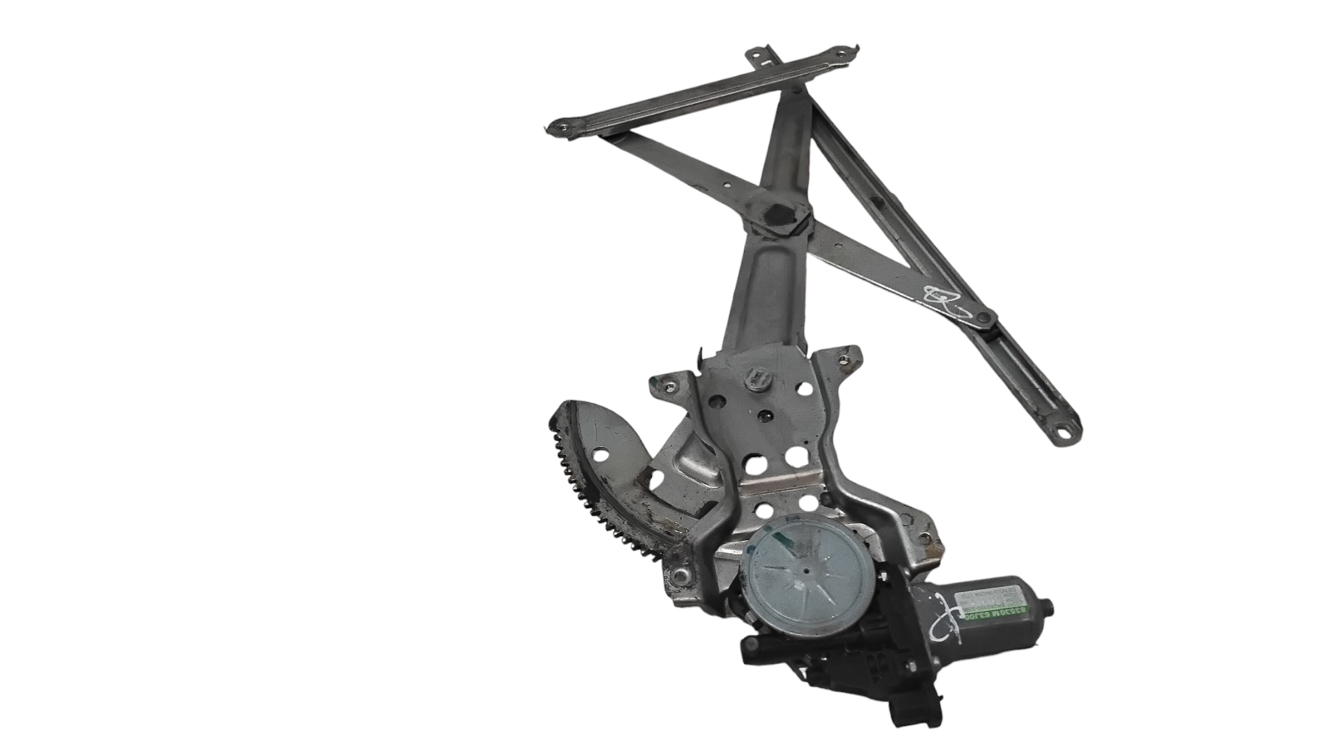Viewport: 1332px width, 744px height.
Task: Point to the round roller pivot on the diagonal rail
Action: [x=983, y=322]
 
